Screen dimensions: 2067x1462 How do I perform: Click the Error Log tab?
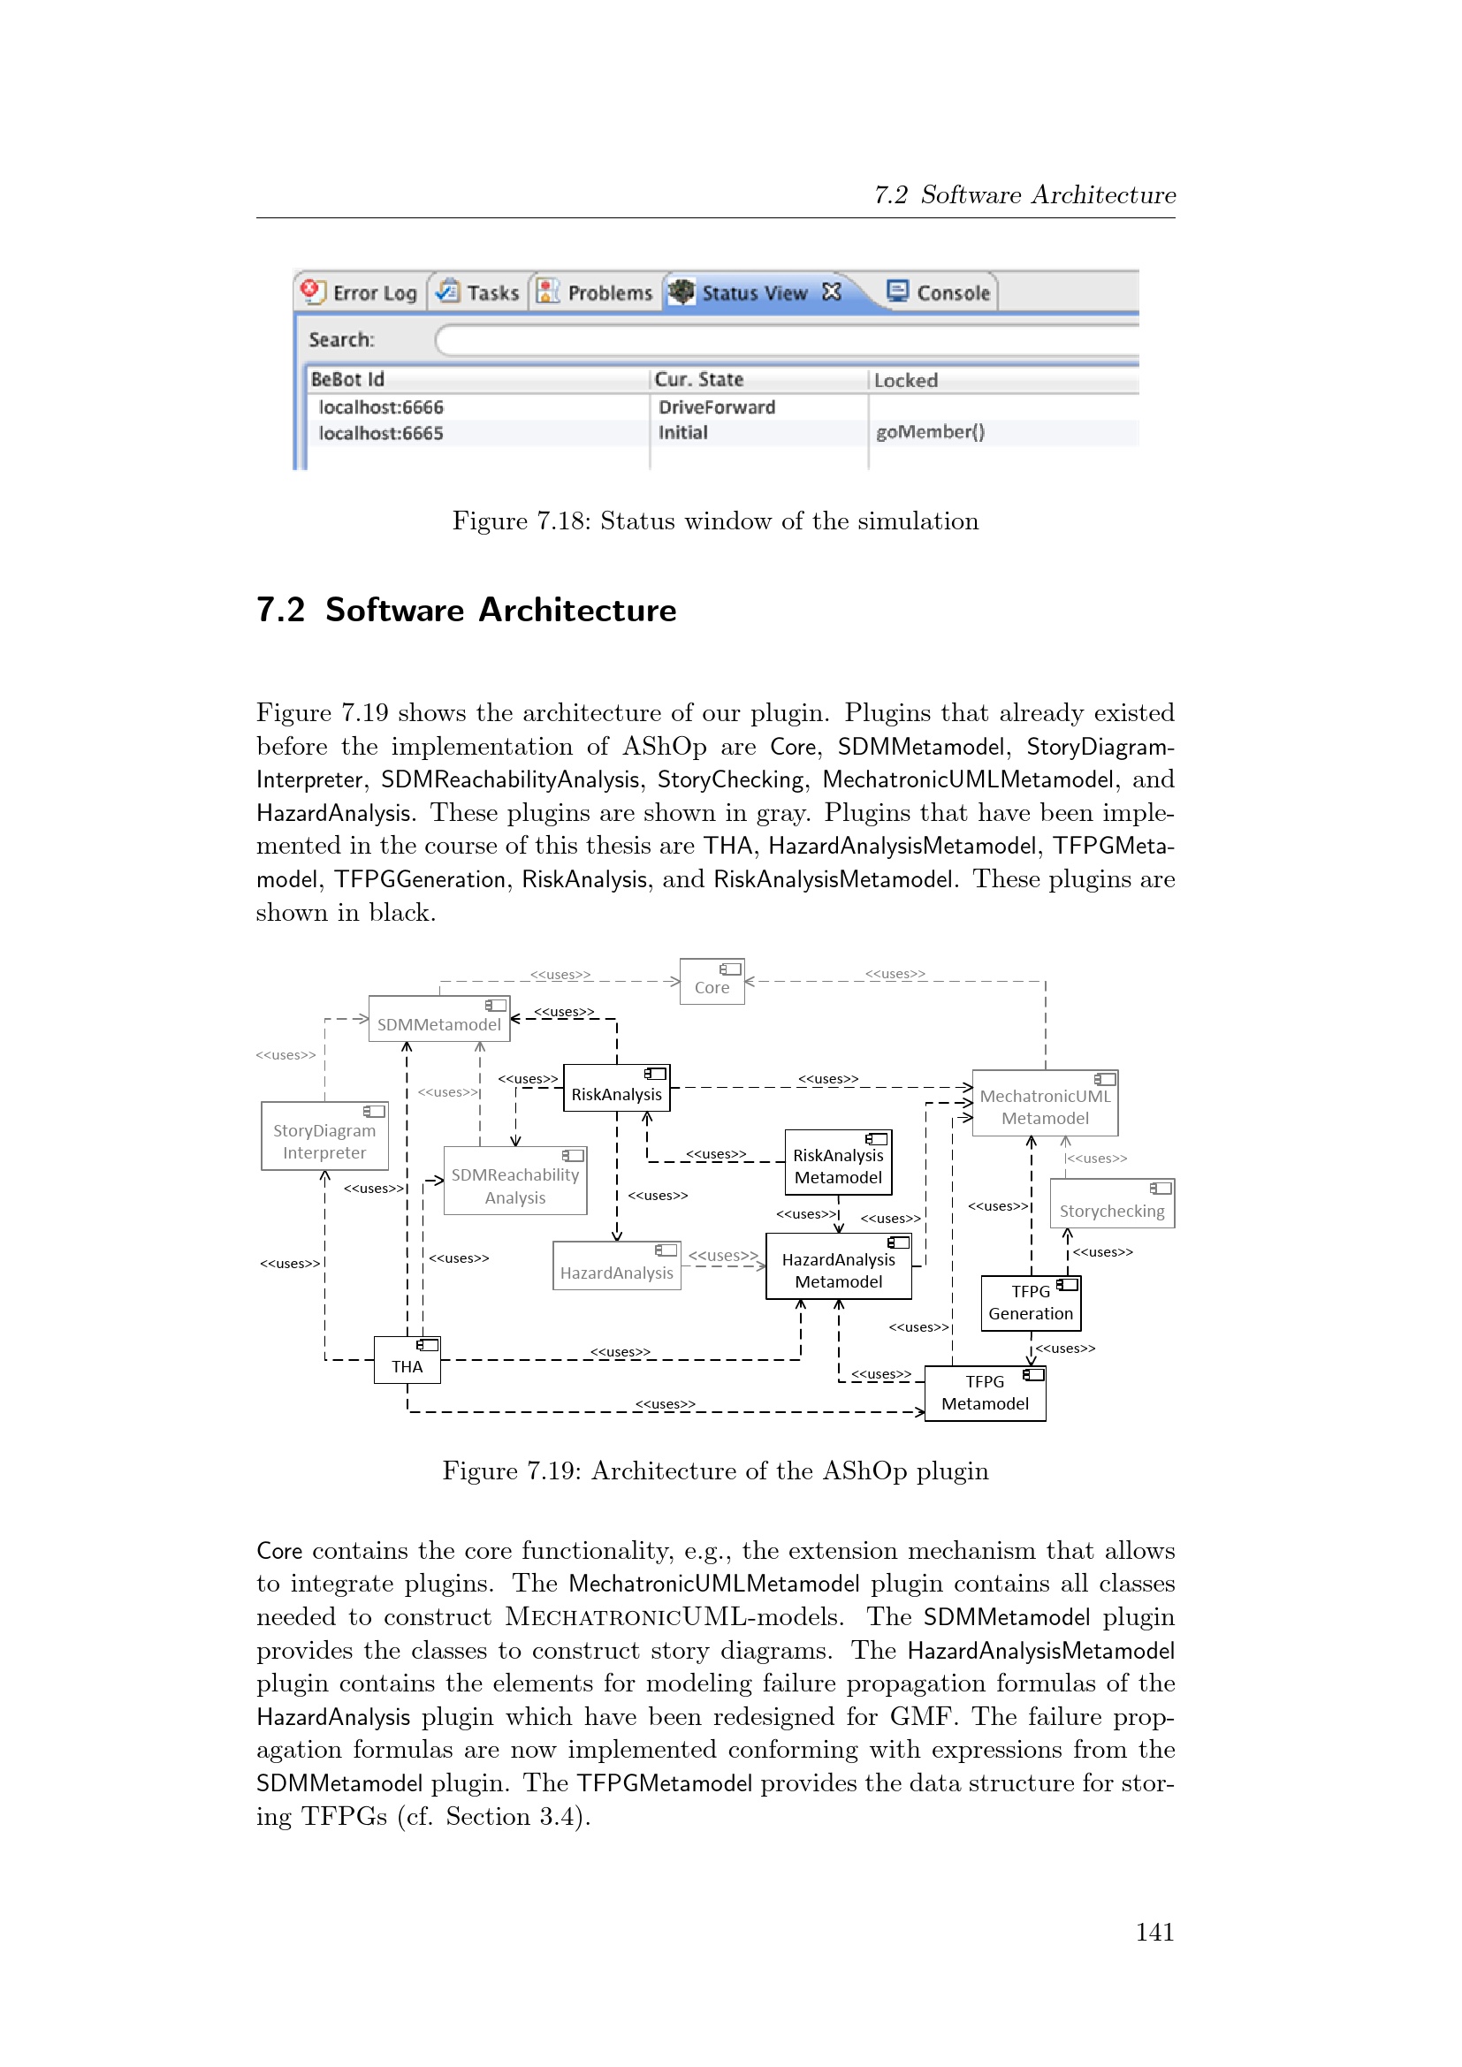(x=361, y=293)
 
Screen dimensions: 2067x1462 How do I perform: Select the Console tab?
(x=940, y=293)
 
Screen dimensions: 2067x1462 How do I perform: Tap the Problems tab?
(x=595, y=293)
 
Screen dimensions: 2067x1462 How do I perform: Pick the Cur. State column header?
(x=698, y=379)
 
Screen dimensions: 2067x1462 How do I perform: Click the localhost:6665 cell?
(x=381, y=433)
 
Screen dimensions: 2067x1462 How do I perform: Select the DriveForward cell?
(x=717, y=407)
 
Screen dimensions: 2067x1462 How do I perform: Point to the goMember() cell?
(x=930, y=432)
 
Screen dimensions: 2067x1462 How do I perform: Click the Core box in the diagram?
(x=712, y=981)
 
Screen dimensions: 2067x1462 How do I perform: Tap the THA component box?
(x=407, y=1360)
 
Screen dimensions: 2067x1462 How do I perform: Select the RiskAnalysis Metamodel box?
(x=838, y=1162)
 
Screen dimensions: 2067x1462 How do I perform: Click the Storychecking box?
(x=1112, y=1204)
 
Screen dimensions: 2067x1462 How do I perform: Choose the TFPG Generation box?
(x=1031, y=1303)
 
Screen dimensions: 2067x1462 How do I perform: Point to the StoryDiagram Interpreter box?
(x=324, y=1136)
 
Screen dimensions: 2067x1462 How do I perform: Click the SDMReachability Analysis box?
(x=515, y=1182)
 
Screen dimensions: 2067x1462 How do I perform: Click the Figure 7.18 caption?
(x=715, y=521)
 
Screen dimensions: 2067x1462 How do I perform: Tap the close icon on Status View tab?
(x=832, y=292)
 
